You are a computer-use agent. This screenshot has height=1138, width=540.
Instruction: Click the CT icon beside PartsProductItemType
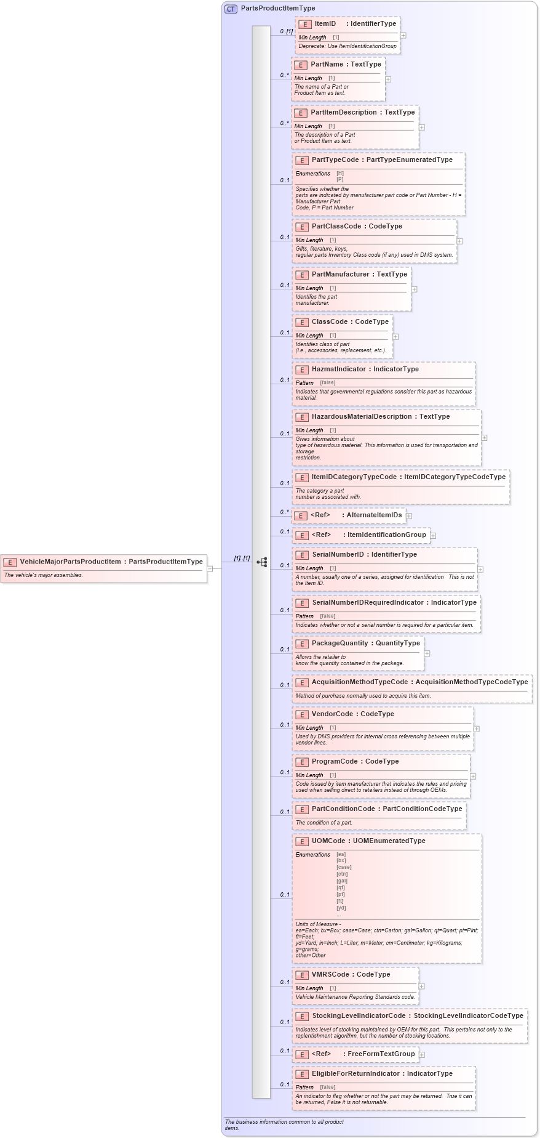[x=231, y=9]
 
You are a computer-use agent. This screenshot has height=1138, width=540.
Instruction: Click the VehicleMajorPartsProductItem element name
[x=70, y=562]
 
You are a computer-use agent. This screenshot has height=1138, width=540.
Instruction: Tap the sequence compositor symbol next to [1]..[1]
[x=262, y=562]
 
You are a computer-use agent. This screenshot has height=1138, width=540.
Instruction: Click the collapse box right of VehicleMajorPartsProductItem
[x=210, y=568]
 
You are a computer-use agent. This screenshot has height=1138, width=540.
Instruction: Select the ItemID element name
[x=325, y=24]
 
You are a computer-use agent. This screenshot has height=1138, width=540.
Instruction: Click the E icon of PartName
[x=301, y=65]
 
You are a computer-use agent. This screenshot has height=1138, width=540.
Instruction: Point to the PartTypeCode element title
[x=335, y=160]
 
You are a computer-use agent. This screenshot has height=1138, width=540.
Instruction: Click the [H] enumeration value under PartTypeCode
[x=340, y=174]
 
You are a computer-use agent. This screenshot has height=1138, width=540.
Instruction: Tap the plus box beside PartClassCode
[x=459, y=241]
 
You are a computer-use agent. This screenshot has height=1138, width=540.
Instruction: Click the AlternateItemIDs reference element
[x=374, y=515]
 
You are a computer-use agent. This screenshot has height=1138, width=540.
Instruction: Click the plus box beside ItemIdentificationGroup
[x=433, y=536]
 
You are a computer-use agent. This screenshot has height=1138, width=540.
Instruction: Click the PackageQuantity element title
[x=339, y=644]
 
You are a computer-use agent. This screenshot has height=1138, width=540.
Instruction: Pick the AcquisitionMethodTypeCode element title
[x=359, y=682]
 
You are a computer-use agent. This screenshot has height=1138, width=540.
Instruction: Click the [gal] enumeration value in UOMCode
[x=342, y=881]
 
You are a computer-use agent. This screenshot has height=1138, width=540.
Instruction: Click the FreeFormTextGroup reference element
[x=381, y=1054]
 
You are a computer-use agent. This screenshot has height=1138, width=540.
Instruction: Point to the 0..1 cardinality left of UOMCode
[x=284, y=895]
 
